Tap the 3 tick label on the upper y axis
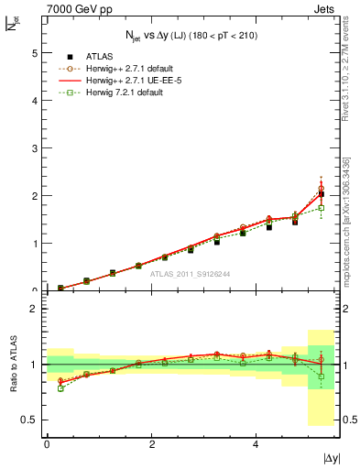point(35,148)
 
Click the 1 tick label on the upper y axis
point(35,244)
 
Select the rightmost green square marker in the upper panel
point(321,208)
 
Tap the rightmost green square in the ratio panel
point(321,376)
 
